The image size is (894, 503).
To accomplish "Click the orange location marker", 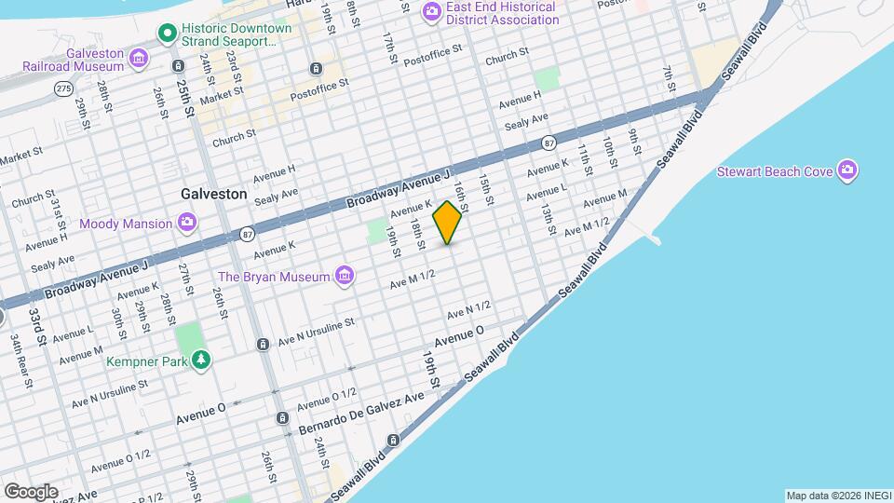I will point(448,223).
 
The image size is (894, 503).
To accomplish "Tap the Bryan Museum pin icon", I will point(345,276).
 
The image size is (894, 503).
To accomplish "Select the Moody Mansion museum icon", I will point(187,223).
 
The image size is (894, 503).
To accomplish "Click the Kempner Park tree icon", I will point(200,360).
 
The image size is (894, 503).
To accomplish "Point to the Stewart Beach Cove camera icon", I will point(847,170).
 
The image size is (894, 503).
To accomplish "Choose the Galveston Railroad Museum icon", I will point(139,59).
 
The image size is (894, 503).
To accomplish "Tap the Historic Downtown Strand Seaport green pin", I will point(168,34).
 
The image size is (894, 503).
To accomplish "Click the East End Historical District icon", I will point(431,12).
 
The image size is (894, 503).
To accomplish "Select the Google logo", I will point(31,491).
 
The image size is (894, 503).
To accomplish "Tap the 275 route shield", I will point(63,88).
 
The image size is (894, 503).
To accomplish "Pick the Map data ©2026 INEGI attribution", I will point(837,495).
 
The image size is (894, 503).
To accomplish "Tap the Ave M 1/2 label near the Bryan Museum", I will point(413,278).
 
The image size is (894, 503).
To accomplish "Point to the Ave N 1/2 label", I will point(468,306).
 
